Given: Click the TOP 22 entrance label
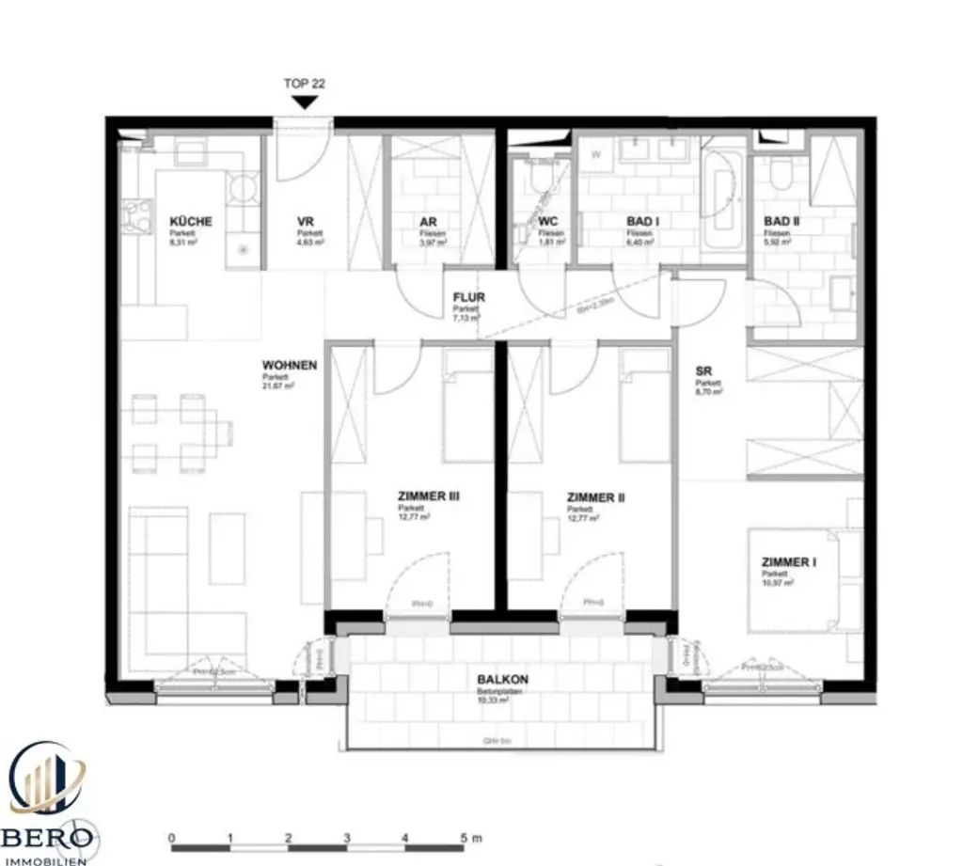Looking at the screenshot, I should click(x=304, y=84).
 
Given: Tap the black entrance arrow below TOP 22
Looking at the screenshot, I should click(x=304, y=103).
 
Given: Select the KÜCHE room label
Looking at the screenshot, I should click(x=191, y=222).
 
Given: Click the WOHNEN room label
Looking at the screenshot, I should click(x=290, y=365).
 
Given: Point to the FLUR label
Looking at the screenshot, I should click(x=468, y=298).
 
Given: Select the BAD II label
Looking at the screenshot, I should click(x=781, y=222).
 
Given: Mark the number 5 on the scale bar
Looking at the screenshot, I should click(x=464, y=837).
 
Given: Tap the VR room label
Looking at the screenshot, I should click(x=305, y=222).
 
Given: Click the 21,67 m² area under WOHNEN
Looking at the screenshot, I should click(x=281, y=385).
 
